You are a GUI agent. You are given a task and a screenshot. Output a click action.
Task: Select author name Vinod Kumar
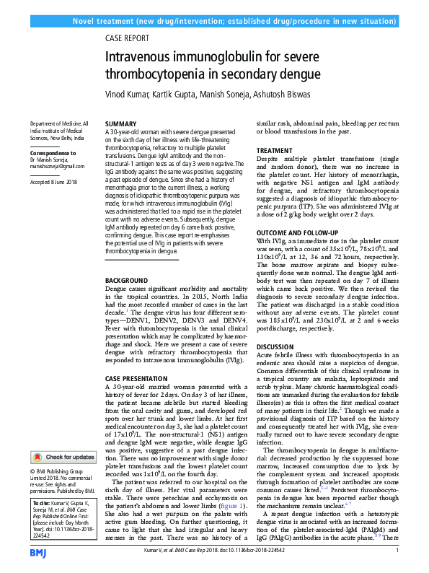point(128,95)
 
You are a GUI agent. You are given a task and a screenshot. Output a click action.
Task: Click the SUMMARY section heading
point(120,124)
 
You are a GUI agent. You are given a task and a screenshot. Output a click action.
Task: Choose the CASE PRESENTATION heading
point(136,378)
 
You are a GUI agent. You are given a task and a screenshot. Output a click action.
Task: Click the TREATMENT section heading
point(275,151)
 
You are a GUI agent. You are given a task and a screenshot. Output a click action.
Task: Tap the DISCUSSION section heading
point(277,346)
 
